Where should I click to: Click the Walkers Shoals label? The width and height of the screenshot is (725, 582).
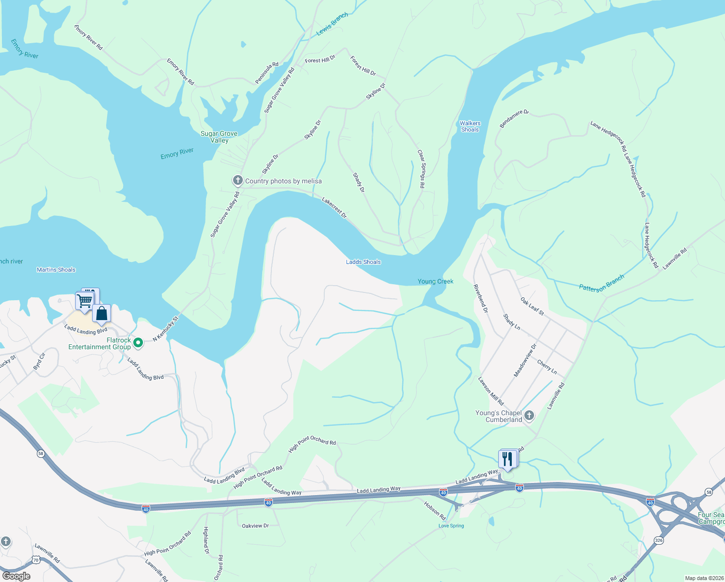pos(470,127)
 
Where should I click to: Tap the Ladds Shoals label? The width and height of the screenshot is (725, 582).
pos(363,262)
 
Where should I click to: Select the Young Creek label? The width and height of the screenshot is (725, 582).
pos(436,281)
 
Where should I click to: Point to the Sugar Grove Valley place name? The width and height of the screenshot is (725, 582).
pos(219,137)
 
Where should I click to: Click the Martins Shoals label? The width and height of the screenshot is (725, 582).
pos(56,270)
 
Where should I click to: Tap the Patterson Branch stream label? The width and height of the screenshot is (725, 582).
pos(601,283)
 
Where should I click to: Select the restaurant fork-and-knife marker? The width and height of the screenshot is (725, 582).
pos(507,458)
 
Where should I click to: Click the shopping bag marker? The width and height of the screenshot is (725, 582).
pos(102,313)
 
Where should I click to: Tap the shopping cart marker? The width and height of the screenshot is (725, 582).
pos(85,301)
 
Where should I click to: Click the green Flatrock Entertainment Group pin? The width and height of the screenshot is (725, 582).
pos(138,343)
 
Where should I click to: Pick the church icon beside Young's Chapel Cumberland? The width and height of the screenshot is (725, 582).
pos(529,416)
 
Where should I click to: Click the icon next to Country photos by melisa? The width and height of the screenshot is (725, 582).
pos(237,181)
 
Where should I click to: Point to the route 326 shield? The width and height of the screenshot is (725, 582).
pos(658,540)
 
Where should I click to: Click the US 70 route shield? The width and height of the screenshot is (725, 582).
pos(36,560)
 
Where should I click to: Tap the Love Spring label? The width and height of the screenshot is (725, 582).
pos(451,526)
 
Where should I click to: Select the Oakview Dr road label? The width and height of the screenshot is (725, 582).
pos(255,526)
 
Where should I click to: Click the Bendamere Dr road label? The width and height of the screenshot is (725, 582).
pos(514,119)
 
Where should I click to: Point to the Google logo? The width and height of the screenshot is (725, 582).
pos(16,576)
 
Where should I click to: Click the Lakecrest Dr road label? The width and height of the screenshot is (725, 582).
pos(334,207)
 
